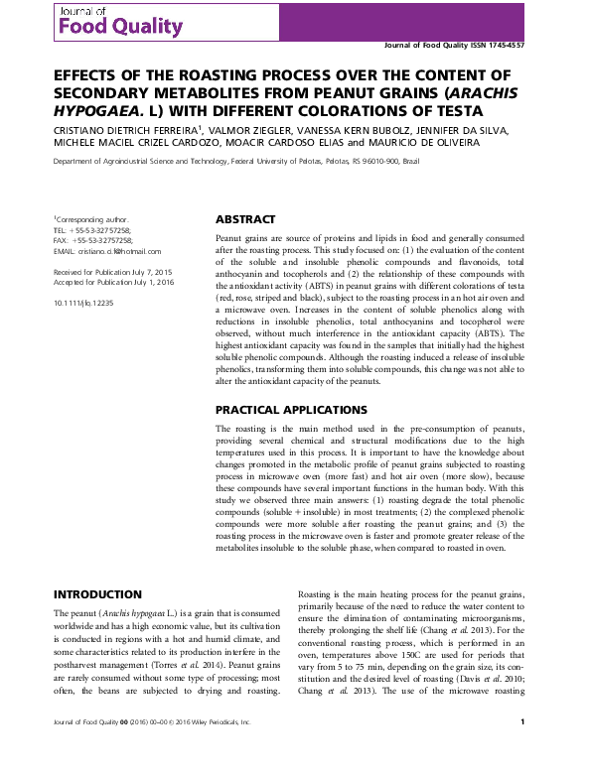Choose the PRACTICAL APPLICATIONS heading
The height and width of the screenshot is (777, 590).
click(290, 409)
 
